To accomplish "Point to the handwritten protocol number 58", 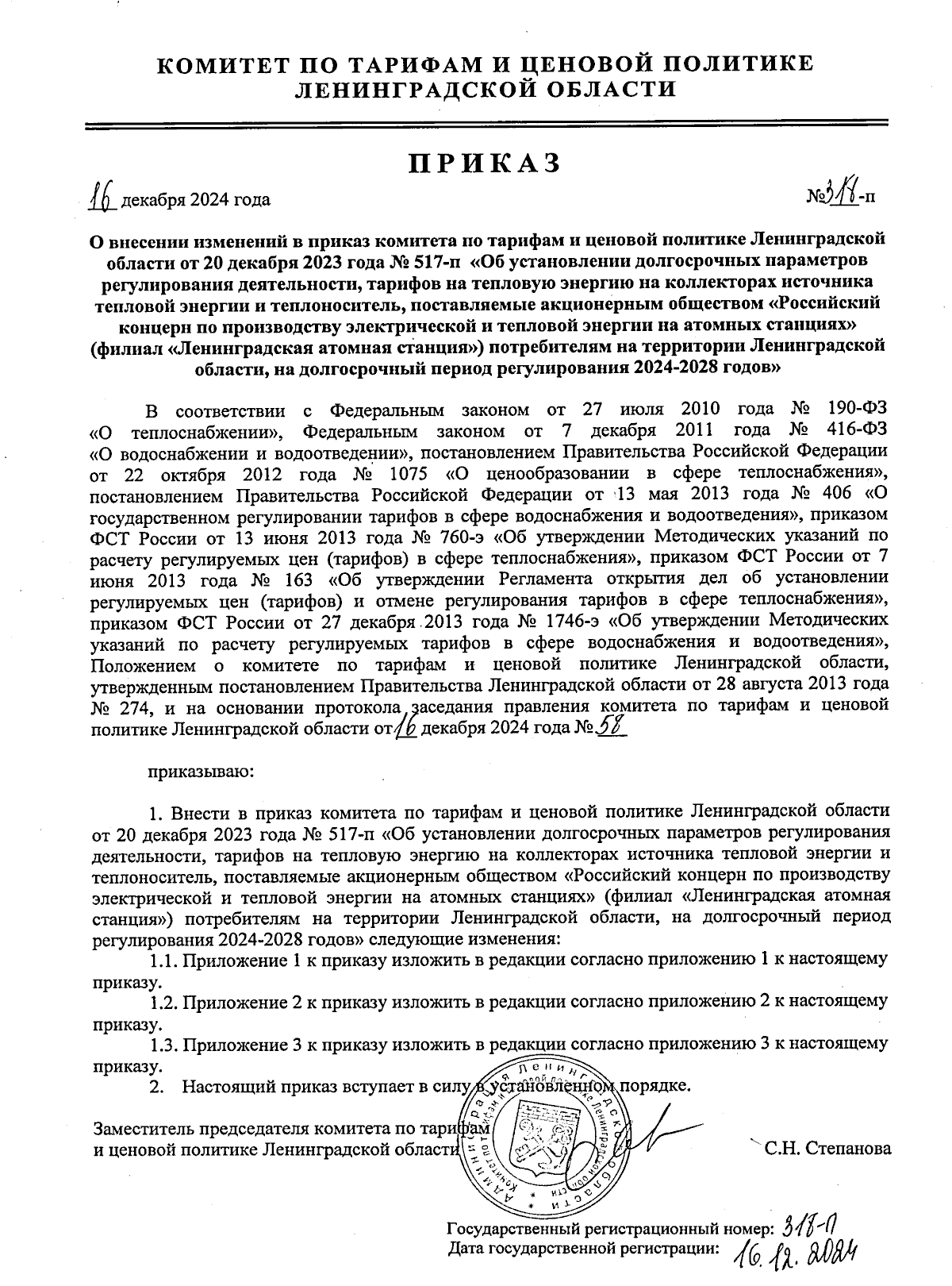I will click(610, 726).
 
